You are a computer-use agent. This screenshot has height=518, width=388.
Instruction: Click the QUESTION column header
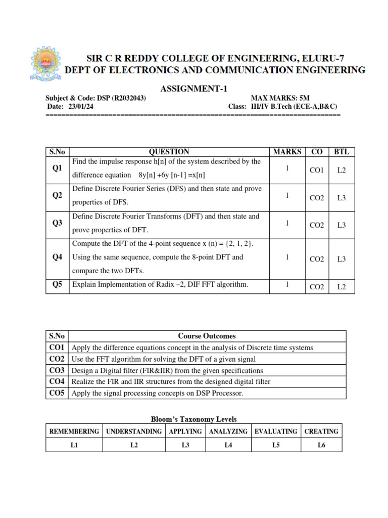click(x=169, y=152)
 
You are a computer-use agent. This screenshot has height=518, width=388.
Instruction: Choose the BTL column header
click(x=342, y=152)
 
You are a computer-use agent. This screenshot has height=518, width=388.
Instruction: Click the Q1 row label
click(x=57, y=168)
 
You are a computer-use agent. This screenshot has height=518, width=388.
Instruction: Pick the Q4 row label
click(x=57, y=257)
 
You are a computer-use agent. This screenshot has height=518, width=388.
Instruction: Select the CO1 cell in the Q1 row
click(x=316, y=171)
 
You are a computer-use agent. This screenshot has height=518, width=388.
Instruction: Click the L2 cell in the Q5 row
click(x=342, y=287)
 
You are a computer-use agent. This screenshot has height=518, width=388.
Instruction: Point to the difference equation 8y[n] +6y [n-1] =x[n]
click(x=172, y=175)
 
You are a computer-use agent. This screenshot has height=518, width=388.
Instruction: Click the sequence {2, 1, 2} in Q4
click(x=238, y=244)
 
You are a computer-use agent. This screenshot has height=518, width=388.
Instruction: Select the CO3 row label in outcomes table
click(x=57, y=370)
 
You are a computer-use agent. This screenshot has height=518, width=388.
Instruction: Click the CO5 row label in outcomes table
click(x=57, y=393)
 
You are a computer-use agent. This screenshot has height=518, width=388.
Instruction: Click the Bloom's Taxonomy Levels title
click(x=194, y=419)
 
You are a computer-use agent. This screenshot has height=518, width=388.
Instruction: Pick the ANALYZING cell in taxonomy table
click(x=228, y=431)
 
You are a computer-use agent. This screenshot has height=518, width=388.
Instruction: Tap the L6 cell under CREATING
click(x=321, y=445)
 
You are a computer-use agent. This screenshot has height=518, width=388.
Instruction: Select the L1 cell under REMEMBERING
click(x=74, y=445)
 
